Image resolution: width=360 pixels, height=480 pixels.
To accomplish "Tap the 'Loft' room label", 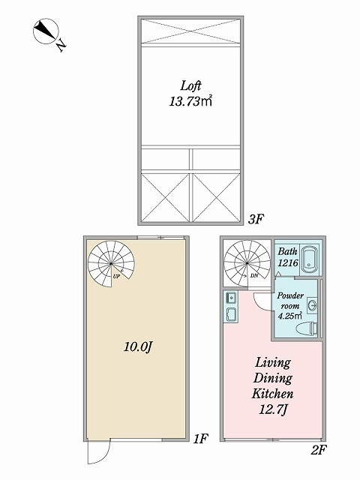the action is coord(190,85).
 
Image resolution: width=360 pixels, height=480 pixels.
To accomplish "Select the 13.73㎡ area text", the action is coord(190,101).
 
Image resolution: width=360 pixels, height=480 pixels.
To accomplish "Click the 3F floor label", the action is coord(256,219).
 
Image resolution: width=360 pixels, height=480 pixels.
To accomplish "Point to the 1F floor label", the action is coord(201,439).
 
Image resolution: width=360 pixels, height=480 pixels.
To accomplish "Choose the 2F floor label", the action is coord(319,450).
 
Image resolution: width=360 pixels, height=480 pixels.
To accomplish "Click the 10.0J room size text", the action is coord(138,346).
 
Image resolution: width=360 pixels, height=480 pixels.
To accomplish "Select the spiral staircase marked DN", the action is coord(247,263).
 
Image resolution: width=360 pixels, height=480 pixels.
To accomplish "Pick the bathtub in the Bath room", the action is coord(310,259).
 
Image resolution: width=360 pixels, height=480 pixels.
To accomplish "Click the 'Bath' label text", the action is coord(287,252).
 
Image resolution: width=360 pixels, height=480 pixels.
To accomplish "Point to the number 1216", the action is coord(288,262).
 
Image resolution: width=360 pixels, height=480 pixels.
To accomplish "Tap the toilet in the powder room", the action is coord(307,328).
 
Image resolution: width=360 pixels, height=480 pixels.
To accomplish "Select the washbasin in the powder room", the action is coord(312,305).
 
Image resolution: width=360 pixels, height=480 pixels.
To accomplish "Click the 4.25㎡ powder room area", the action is coord(290,316).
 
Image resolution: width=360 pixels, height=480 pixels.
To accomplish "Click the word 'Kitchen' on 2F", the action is coord(272,393).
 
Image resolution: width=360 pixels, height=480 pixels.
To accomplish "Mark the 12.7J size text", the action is coord(273,409).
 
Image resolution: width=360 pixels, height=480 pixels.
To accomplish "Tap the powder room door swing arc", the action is coord(259,304).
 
